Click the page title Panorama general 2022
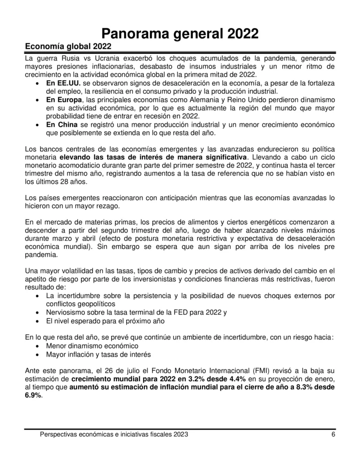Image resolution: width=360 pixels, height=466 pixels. [x=180, y=33]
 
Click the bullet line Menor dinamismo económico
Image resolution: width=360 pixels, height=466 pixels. [x=90, y=346]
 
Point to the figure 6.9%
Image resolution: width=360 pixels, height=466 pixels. [x=33, y=395]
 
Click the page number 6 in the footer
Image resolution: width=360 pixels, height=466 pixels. [x=333, y=435]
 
